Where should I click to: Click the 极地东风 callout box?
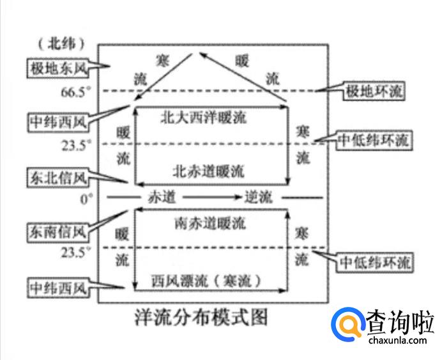point(57,67)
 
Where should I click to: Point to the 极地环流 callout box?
point(374,91)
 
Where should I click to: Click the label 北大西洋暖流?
point(203,118)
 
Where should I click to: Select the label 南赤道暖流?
point(209,224)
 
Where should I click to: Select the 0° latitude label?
point(86,198)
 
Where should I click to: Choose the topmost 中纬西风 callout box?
point(57,121)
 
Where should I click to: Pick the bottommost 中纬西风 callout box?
point(57,290)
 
